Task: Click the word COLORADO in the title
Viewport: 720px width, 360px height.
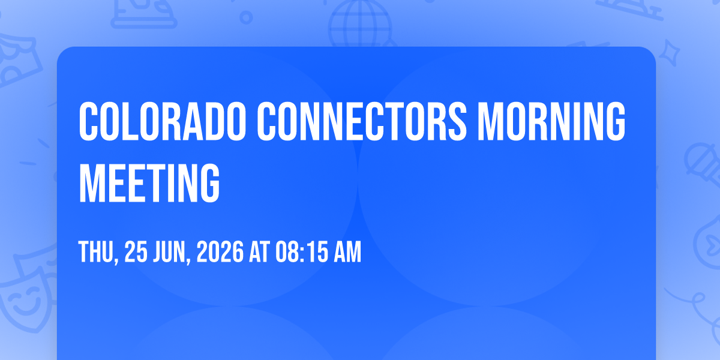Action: (163, 121)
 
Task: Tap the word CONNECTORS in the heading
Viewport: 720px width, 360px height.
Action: (362, 121)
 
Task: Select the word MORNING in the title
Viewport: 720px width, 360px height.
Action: (551, 121)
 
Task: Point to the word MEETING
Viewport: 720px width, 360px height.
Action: (149, 182)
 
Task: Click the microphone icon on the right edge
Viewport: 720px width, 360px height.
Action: (704, 164)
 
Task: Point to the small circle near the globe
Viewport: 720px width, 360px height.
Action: (246, 17)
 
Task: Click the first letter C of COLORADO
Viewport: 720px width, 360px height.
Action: (88, 121)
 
